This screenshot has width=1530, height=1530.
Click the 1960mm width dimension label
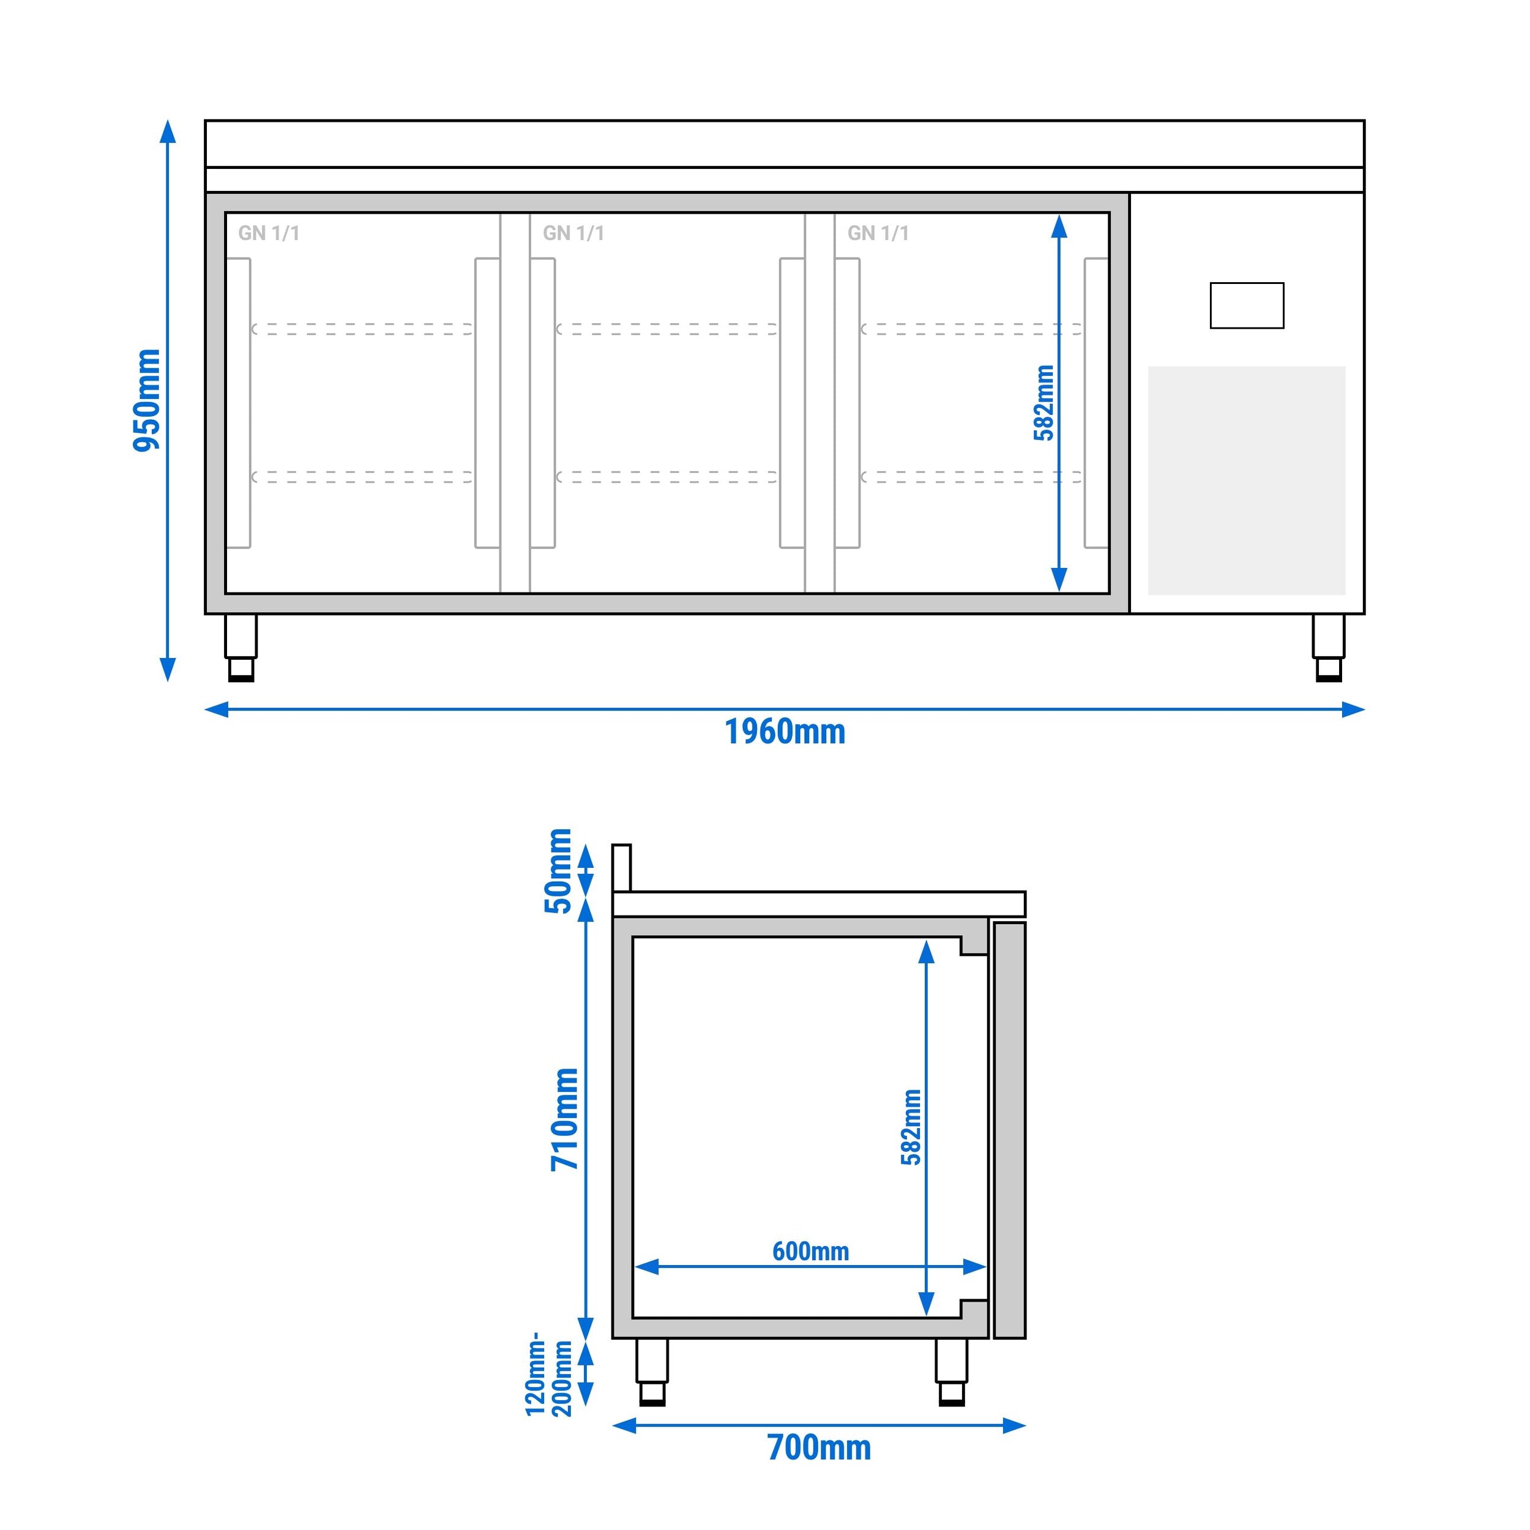tap(785, 732)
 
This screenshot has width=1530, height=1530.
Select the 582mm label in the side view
tap(911, 1128)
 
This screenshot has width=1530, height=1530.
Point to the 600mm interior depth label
tap(810, 1252)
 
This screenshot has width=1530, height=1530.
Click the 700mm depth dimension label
tap(819, 1447)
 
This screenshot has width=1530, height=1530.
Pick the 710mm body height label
tap(565, 1119)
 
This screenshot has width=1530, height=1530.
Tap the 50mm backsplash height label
tap(558, 870)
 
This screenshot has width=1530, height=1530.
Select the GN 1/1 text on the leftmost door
tap(269, 233)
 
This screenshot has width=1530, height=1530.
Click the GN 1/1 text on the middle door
tap(573, 233)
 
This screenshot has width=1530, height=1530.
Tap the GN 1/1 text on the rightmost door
tap(878, 233)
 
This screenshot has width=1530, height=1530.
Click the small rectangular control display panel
tap(1247, 305)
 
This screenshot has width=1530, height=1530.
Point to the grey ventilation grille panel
tap(1247, 480)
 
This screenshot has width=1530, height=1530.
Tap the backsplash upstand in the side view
tap(622, 867)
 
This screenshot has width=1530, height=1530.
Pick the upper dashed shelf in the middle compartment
tap(667, 329)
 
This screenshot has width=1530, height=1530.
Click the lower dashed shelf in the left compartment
tap(362, 477)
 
